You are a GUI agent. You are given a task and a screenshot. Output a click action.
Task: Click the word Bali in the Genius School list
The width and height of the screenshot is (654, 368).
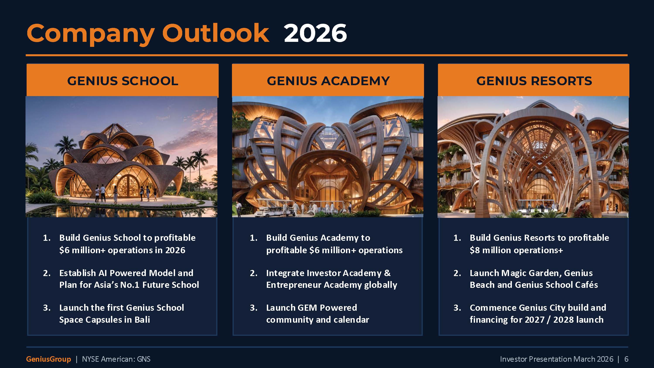pos(142,320)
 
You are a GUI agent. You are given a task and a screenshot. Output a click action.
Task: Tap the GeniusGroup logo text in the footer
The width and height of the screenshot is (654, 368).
pos(48,359)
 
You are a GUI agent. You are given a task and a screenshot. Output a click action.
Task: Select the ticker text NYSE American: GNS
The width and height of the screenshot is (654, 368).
pos(116,359)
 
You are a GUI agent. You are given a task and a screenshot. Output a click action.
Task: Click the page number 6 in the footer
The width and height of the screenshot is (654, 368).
pos(626,359)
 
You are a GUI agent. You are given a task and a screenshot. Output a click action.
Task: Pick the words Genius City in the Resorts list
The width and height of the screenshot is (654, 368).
pos(542,308)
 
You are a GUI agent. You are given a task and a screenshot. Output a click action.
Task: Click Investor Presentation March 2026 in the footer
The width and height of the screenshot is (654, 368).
pos(557,359)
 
